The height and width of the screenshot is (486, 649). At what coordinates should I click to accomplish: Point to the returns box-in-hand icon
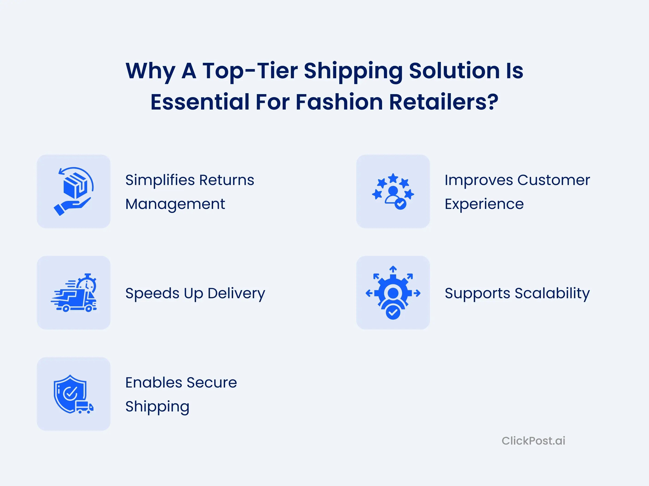pyautogui.click(x=73, y=191)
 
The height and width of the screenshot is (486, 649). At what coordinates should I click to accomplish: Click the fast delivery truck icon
pyautogui.click(x=73, y=292)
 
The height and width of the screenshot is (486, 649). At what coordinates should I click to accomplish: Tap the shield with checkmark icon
pyautogui.click(x=73, y=394)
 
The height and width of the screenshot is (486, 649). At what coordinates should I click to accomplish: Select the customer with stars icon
pyautogui.click(x=393, y=191)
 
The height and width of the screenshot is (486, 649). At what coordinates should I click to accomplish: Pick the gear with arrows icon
pyautogui.click(x=393, y=292)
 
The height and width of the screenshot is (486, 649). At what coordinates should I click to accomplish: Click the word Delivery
pyautogui.click(x=236, y=294)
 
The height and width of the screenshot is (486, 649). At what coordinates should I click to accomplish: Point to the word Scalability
pyautogui.click(x=552, y=294)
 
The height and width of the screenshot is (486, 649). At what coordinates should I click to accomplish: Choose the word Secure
pyautogui.click(x=212, y=382)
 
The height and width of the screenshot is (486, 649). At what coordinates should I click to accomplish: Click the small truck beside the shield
pyautogui.click(x=84, y=407)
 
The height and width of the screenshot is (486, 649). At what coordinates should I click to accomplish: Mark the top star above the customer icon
pyautogui.click(x=393, y=178)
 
